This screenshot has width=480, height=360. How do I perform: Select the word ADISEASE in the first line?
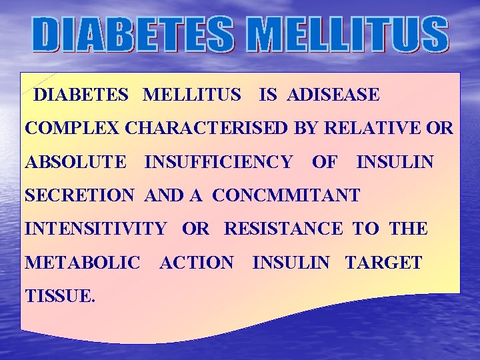pos(333,95)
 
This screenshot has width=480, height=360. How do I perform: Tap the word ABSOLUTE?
pos(75,161)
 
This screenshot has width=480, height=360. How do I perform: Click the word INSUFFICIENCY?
pos(218,161)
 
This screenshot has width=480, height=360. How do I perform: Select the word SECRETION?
pos(79,195)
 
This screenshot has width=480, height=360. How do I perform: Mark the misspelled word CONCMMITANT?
pos(286,195)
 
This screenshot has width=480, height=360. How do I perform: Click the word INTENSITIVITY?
pos(95,229)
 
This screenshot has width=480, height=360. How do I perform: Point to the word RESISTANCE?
pos(284,229)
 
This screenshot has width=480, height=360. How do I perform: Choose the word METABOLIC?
pos(82,263)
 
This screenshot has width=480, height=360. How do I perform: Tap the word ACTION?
pos(197,263)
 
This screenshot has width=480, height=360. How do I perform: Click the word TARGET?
pos(383,263)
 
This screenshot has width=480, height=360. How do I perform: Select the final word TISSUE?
pos(60,296)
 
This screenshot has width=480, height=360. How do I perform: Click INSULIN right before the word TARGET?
pos(291,263)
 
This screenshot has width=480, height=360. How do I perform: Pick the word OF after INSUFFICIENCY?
pos(324,161)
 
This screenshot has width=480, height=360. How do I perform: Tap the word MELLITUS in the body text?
pos(192,95)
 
